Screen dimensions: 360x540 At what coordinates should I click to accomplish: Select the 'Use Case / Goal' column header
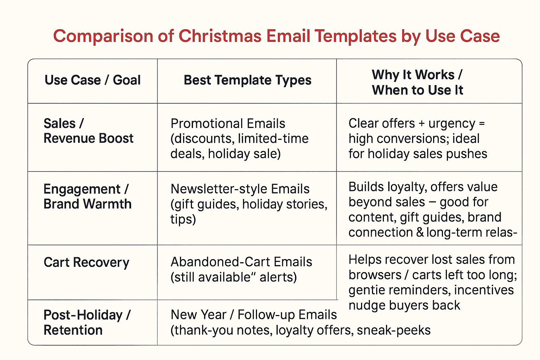[92, 80]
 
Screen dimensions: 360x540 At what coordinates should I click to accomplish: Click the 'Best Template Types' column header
[247, 80]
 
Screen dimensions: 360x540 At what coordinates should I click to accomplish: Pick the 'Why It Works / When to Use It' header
[417, 82]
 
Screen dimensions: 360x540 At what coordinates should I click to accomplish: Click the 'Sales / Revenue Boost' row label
[88, 131]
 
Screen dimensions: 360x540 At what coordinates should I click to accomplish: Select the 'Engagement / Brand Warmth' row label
[87, 197]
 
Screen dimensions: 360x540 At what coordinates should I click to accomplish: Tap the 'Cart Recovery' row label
[86, 262]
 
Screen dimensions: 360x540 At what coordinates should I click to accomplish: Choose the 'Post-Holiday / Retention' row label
[87, 322]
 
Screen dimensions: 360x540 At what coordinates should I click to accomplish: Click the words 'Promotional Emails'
[228, 124]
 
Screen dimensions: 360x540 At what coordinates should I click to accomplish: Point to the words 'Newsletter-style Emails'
[240, 189]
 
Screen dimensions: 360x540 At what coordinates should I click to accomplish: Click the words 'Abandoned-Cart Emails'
[241, 262]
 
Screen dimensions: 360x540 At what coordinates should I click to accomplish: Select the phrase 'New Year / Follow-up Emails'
[253, 315]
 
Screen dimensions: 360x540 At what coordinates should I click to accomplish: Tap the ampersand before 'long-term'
[419, 233]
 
